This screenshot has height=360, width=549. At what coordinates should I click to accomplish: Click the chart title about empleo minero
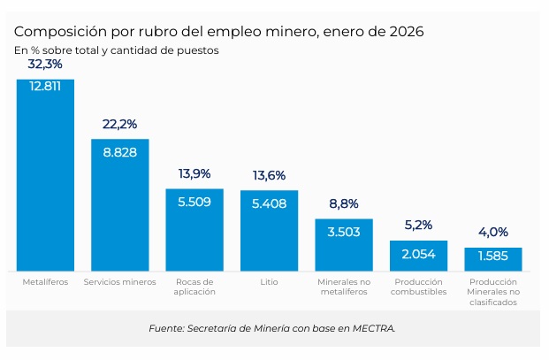[218, 32]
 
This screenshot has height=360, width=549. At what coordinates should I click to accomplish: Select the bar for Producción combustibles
[418, 257]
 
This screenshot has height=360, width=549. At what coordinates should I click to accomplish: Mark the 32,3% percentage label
[45, 65]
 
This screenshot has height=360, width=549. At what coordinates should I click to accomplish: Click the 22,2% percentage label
[119, 125]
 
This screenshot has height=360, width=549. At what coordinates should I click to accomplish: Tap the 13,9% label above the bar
[194, 174]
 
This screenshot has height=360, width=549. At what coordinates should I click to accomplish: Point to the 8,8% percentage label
[344, 204]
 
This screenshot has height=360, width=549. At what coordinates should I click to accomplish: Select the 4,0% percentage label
[492, 233]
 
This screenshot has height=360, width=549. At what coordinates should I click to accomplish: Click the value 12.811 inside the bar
[45, 87]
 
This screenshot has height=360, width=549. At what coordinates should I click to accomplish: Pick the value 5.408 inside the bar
[269, 202]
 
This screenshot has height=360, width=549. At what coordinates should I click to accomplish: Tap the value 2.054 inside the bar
[418, 254]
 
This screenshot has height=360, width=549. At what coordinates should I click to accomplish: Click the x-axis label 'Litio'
[269, 282]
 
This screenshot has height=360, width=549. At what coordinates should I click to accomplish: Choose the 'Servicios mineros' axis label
[119, 282]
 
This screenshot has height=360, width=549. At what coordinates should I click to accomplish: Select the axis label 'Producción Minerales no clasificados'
[492, 292]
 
